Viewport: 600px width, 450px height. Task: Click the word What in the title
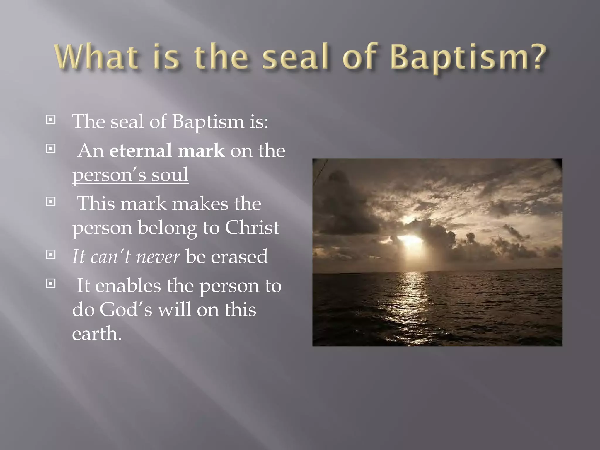coord(96,57)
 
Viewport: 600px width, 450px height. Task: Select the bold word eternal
coord(140,151)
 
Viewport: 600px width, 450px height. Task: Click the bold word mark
coord(201,151)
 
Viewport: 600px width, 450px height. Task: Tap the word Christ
coord(252,228)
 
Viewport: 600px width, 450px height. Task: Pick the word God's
coord(126,310)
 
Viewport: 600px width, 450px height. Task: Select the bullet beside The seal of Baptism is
coord(51,120)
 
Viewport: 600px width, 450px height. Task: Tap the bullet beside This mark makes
coord(51,202)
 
